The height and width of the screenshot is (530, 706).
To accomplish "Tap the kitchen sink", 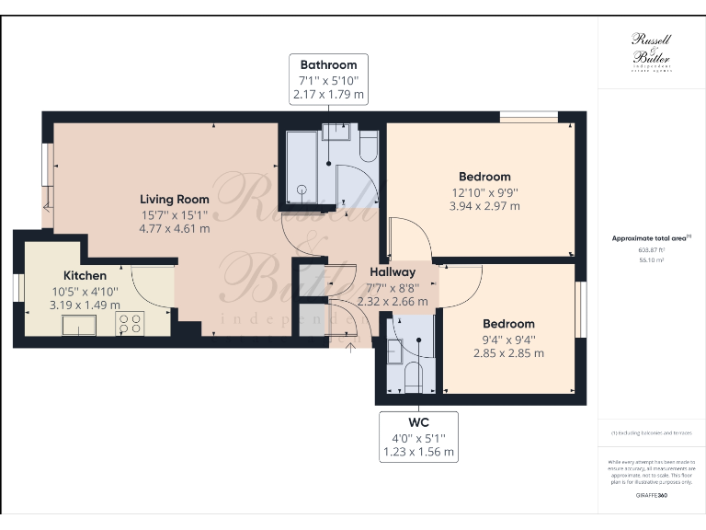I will coord(78,324).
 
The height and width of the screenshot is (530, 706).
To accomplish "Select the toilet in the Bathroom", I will coord(367,147).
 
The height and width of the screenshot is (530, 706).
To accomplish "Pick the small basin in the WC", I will coord(394,351).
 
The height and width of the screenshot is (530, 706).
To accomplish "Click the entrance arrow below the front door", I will coord(349,347).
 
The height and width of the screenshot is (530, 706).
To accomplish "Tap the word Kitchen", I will coord(85,275).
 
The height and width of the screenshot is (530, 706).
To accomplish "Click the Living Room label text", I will coord(174,199).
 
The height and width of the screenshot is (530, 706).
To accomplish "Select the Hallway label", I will coord(393,272).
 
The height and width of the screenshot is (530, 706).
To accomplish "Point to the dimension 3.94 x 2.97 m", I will coord(484,206).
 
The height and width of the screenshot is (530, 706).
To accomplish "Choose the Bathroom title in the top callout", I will coord(328,64).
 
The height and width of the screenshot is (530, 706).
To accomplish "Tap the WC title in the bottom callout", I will coord(418,424).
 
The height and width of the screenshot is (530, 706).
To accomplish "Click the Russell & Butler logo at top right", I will coord(651,52).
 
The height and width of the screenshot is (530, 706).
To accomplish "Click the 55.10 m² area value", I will coord(650,260).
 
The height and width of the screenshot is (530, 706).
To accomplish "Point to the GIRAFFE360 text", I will coord(650,495).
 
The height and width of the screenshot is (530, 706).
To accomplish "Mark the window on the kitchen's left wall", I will coord(17,287).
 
